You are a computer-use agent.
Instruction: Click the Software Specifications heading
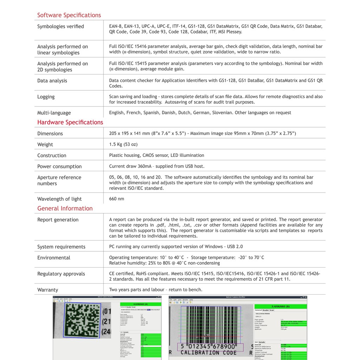69,15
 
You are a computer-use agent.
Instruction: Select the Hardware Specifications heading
70,122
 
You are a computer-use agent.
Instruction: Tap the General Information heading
65,208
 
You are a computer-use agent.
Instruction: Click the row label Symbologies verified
60,26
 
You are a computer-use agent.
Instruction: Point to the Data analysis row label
52,81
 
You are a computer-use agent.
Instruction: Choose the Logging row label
46,97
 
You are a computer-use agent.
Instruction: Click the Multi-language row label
54,113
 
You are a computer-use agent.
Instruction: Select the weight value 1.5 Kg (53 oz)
123,144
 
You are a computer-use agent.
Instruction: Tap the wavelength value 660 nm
117,199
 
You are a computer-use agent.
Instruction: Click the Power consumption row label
59,167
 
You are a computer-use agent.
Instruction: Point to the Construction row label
52,155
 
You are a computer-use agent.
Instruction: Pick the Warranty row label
48,290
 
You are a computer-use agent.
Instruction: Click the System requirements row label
61,247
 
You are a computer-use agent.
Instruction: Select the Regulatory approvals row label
61,274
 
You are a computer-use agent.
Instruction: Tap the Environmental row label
54,258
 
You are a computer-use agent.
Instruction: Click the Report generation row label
58,220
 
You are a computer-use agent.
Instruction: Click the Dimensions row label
50,134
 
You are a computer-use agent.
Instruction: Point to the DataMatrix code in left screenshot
82,320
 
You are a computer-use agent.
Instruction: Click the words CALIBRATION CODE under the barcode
208,353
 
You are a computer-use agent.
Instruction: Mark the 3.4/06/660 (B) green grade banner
281,307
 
